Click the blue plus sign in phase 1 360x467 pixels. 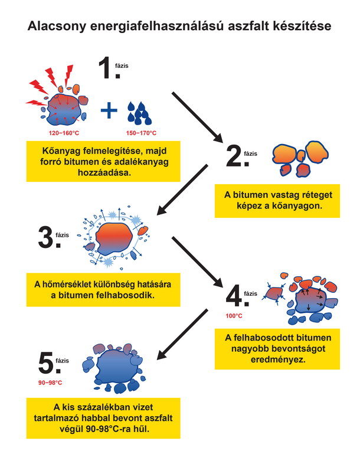click(108, 110)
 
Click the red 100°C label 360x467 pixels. click(234, 316)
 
